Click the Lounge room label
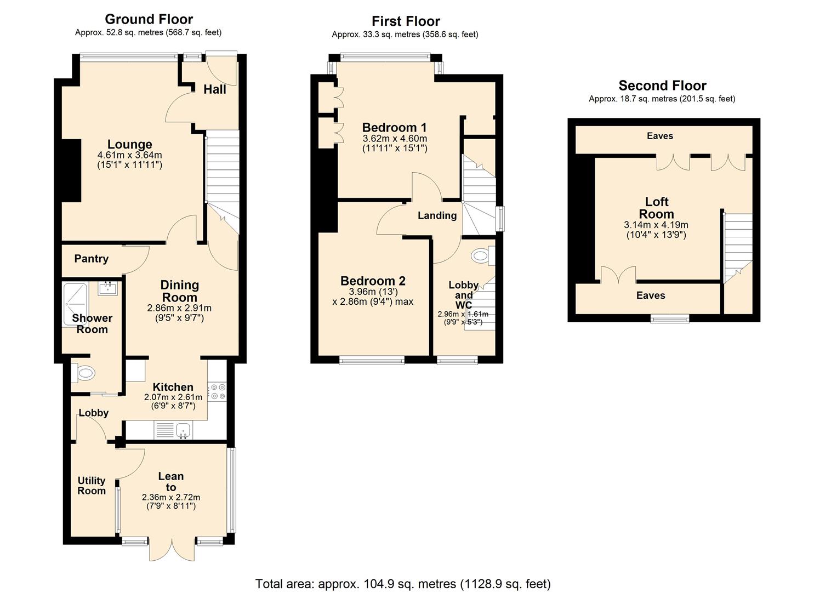(129, 145)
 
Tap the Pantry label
(92, 259)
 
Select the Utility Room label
(91, 486)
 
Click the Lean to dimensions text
(171, 502)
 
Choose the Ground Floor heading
(149, 19)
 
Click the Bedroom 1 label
(394, 128)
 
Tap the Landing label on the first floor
(437, 215)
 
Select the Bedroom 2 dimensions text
(373, 297)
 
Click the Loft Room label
(656, 208)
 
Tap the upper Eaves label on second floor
(659, 136)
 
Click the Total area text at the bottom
(403, 583)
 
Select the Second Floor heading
(662, 86)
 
